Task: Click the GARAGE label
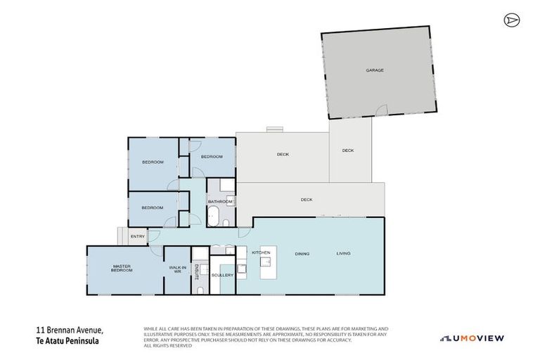point(374,70)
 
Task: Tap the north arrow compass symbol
point(510,20)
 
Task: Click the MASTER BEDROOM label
point(122,268)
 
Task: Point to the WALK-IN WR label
point(177,269)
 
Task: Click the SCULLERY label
point(222,275)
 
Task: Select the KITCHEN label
point(261,253)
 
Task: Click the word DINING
point(302,253)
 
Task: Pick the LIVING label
point(343,253)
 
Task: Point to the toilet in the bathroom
point(226,222)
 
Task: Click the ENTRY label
point(137,236)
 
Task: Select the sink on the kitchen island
point(266,262)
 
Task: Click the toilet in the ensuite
point(200,289)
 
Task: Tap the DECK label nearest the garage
point(348,150)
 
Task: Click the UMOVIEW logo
point(472,338)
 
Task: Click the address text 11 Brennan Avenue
point(70,330)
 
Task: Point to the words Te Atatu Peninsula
point(67,340)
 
